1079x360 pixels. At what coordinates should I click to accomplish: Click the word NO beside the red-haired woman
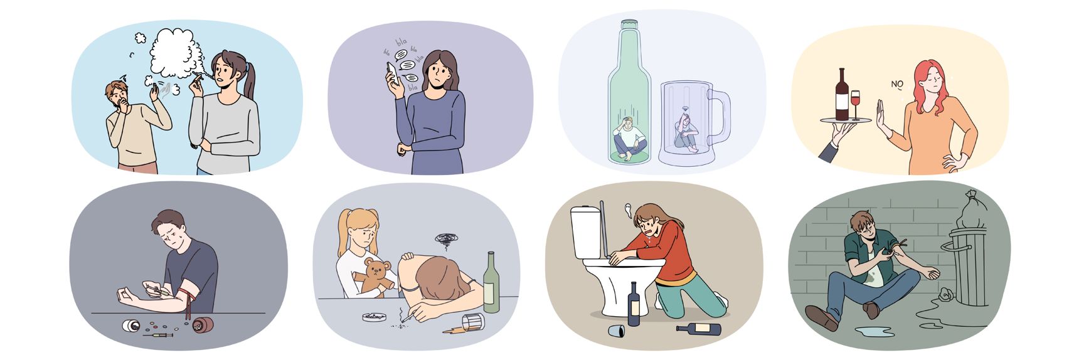898,84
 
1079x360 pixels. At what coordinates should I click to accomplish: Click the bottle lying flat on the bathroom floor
698,328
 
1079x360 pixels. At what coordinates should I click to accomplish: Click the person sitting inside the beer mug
686,137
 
